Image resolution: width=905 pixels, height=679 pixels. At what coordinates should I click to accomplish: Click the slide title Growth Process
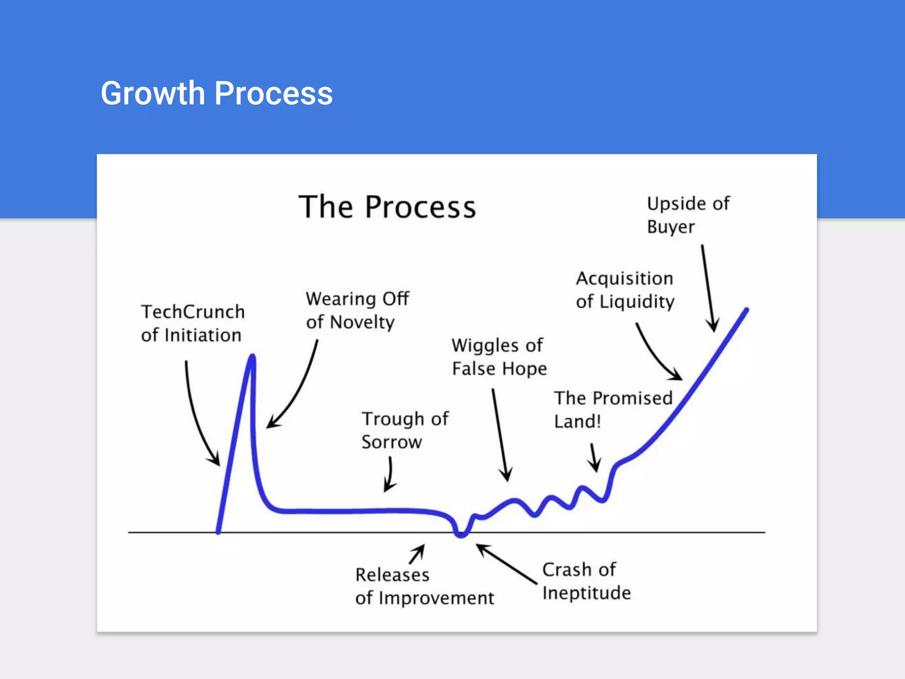[217, 93]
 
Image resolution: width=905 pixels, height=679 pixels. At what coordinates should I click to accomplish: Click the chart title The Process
[387, 207]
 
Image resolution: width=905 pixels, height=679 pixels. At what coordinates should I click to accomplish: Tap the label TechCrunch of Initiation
[193, 323]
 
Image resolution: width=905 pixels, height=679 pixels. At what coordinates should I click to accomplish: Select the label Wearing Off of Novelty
[357, 310]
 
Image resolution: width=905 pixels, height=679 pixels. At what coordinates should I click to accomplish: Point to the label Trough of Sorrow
[405, 430]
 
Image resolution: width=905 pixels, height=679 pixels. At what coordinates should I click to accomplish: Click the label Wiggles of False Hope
[499, 357]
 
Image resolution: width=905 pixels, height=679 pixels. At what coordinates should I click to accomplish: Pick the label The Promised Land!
[613, 409]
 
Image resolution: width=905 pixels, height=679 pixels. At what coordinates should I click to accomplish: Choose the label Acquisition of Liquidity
[625, 290]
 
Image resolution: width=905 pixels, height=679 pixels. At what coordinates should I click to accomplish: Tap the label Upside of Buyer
[688, 215]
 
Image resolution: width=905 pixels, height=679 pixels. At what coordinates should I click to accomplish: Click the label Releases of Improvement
[424, 586]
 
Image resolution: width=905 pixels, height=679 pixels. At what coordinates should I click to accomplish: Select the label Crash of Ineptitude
[586, 581]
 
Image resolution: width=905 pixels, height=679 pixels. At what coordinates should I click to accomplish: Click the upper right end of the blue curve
[746, 310]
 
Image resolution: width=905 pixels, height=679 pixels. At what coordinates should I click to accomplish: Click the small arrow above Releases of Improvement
[418, 553]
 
